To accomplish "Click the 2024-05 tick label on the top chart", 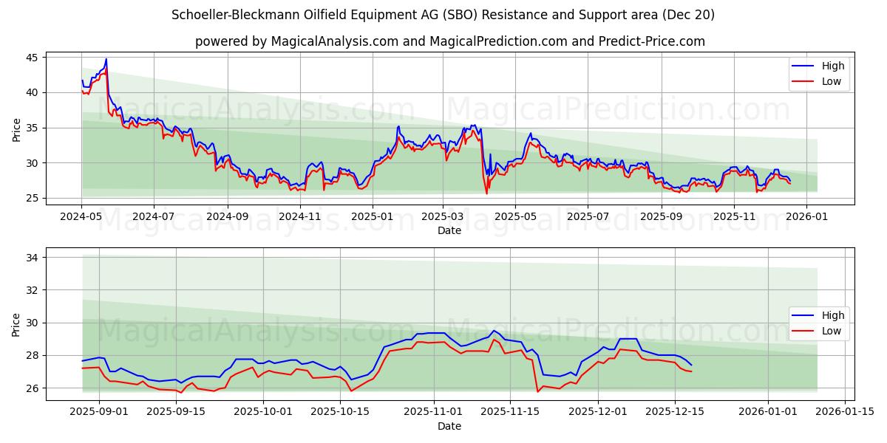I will (81, 217).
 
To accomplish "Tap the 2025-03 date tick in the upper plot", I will (443, 217).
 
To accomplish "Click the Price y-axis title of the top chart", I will (16, 129).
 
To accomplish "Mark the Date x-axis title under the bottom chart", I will (449, 426).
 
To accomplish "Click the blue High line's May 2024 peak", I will (106, 59).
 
